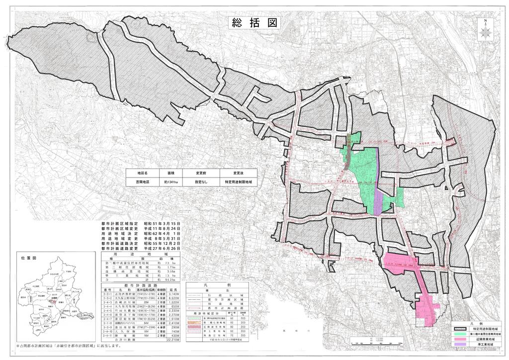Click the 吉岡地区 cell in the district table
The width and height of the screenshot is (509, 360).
(144, 182)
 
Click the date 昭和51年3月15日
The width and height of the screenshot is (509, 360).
(162, 225)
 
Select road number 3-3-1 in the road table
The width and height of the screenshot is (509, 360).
(105, 294)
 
